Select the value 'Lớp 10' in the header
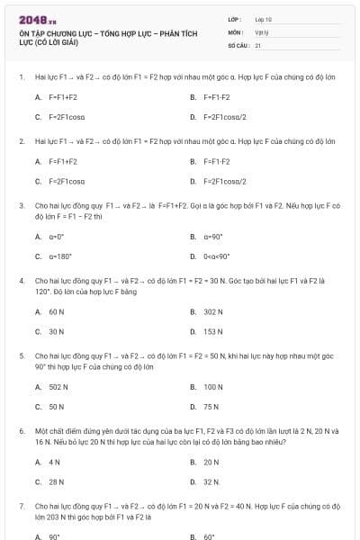263,19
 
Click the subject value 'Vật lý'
261,31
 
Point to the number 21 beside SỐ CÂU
258,44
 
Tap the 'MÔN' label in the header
235,31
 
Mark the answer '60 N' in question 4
56,311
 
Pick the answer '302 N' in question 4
213,311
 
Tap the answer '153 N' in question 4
213,331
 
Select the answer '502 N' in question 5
58,387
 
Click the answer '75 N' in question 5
211,407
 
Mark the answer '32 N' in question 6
212,481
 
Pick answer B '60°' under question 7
210,536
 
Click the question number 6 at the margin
21,431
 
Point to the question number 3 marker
21,205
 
